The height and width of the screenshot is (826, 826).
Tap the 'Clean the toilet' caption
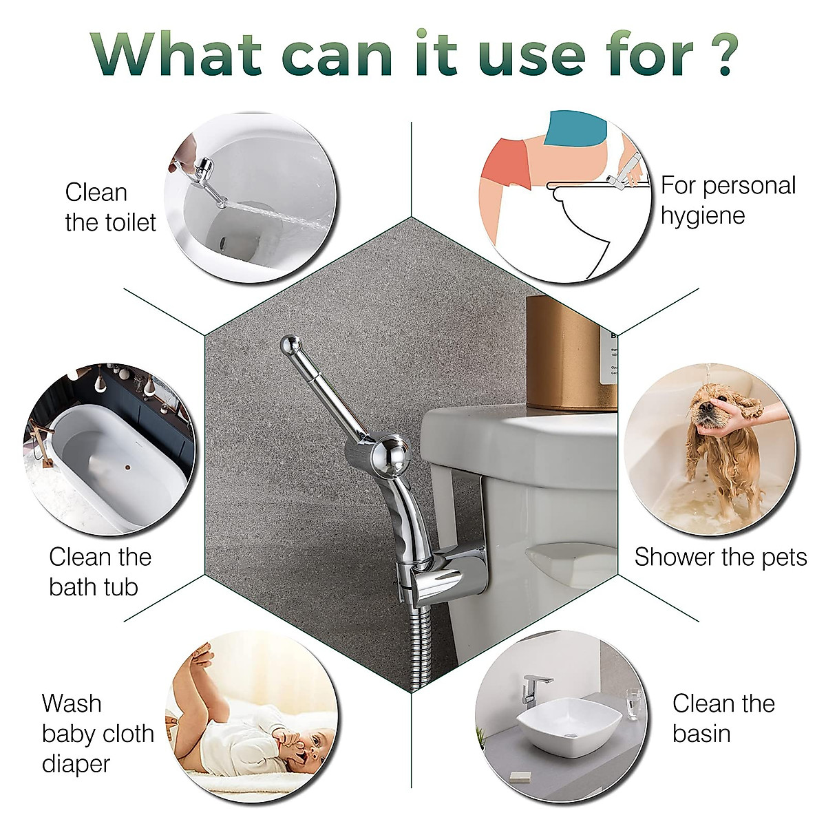pos(110,207)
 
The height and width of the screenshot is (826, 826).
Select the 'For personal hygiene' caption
pos(728,200)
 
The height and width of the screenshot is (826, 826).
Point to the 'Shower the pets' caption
pos(720,557)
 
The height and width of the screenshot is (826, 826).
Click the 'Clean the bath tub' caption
pos(100,571)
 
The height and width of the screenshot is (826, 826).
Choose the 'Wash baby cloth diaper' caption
pos(97,733)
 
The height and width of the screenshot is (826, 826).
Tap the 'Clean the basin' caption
pos(723,718)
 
